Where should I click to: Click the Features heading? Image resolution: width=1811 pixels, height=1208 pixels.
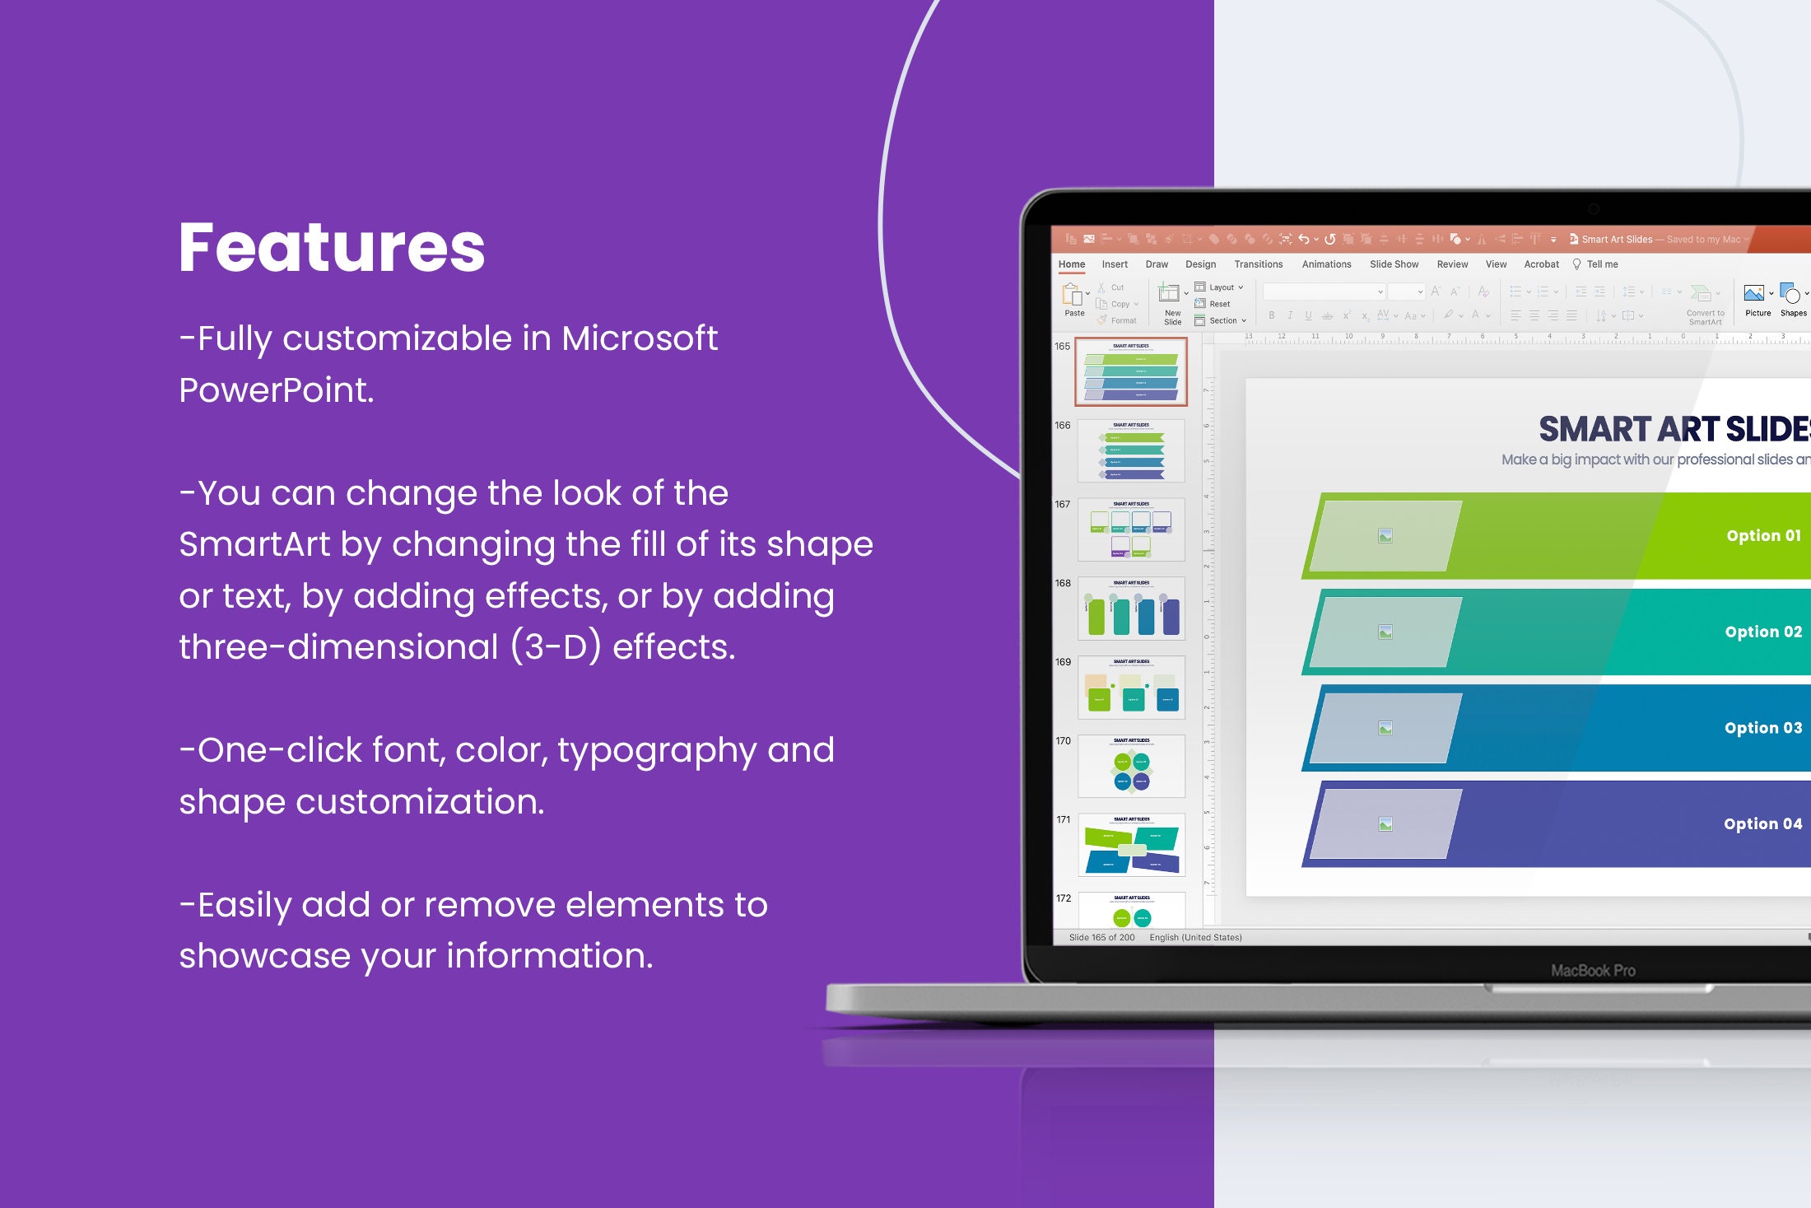(x=332, y=247)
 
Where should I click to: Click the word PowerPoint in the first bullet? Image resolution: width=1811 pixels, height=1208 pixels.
(x=276, y=390)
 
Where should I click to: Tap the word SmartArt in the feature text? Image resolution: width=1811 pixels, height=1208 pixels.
(x=254, y=545)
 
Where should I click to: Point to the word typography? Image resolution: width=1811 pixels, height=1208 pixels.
(x=656, y=751)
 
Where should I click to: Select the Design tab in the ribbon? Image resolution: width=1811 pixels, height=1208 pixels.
(x=1200, y=264)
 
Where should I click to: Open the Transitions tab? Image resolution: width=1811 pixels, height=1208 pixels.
(x=1258, y=264)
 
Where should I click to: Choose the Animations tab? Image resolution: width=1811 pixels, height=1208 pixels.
(x=1326, y=264)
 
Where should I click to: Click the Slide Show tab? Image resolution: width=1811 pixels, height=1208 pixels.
(x=1394, y=264)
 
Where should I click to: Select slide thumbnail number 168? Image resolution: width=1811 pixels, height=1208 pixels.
(x=1131, y=609)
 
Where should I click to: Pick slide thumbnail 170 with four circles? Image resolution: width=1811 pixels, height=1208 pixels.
(x=1131, y=767)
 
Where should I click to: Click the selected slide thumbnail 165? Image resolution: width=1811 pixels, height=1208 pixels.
(x=1131, y=371)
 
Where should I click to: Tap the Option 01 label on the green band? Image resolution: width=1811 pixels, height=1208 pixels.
(x=1763, y=536)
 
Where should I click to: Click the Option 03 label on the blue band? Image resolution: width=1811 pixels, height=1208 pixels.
(x=1762, y=728)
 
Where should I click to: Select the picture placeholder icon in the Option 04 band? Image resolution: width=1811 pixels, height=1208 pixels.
(x=1385, y=824)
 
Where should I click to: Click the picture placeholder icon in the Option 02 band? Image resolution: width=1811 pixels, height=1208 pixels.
(x=1385, y=632)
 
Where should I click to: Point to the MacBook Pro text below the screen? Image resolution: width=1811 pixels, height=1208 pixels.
(x=1593, y=971)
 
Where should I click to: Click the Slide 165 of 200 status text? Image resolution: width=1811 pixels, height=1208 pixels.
(x=1101, y=937)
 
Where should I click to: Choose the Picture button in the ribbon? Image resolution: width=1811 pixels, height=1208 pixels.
(x=1757, y=299)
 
